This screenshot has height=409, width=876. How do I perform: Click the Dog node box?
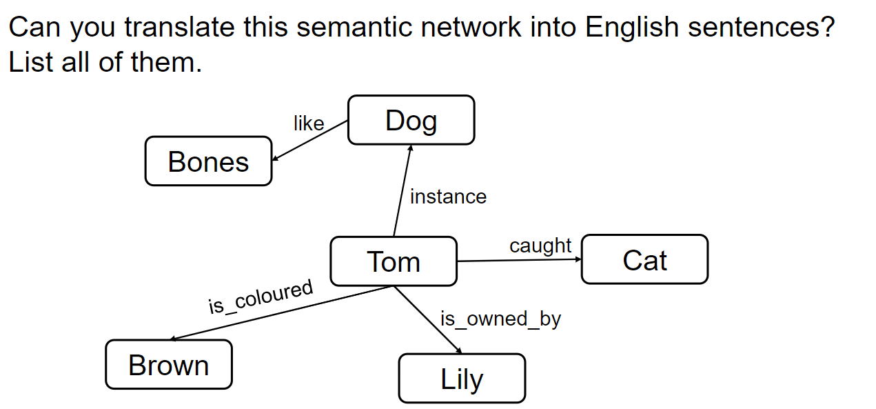pyautogui.click(x=411, y=120)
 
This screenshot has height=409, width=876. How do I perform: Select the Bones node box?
pyautogui.click(x=208, y=161)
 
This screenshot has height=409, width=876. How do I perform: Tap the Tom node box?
pyautogui.click(x=393, y=261)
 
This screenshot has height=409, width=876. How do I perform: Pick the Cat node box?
pyautogui.click(x=644, y=260)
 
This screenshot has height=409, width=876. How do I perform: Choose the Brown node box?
pyautogui.click(x=168, y=365)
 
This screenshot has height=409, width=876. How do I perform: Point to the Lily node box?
pyautogui.click(x=462, y=379)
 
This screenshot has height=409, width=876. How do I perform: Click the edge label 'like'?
pyautogui.click(x=308, y=123)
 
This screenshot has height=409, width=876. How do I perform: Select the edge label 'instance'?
pyautogui.click(x=448, y=197)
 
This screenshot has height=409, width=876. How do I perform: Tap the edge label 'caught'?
pyautogui.click(x=540, y=246)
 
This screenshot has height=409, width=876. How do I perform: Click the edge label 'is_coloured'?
pyautogui.click(x=261, y=297)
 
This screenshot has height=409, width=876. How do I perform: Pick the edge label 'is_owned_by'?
pyautogui.click(x=500, y=319)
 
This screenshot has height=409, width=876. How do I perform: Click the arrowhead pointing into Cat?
pyautogui.click(x=578, y=259)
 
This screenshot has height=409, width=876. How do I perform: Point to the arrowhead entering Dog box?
pyautogui.click(x=410, y=148)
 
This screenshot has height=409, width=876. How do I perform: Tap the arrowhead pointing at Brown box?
pyautogui.click(x=174, y=338)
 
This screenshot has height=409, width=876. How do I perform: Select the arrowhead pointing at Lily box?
pyautogui.click(x=459, y=351)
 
